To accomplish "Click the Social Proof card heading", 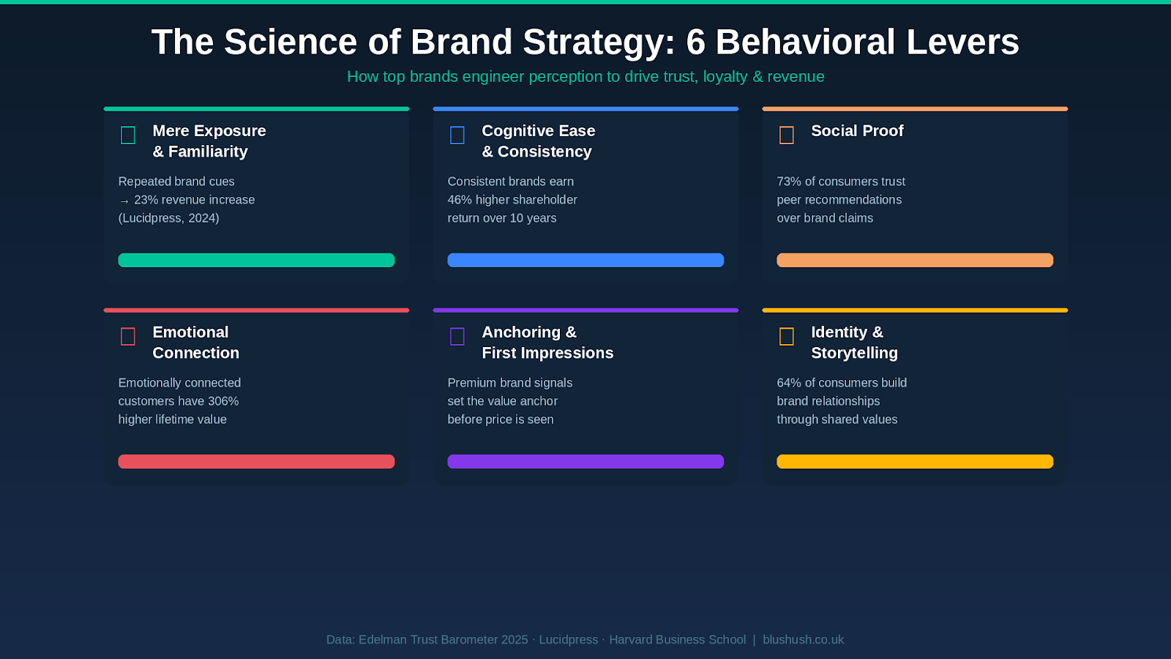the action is pos(857,131).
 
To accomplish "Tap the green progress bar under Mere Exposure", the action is pos(256,260).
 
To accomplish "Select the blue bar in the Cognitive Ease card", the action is pos(585,260).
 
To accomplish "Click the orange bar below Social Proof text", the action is pos(915,260).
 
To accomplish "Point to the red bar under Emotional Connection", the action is pos(256,461).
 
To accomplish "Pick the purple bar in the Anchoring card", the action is pos(585,461).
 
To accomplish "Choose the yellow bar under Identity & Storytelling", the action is pos(915,461).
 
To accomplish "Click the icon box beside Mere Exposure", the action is pos(128,135).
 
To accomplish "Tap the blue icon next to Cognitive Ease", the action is pos(457,135).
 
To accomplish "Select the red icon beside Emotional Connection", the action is pos(128,337).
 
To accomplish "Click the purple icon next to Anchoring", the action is pos(457,337).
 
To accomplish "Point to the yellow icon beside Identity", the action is pos(787,337).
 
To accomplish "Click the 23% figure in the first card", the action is pos(146,200).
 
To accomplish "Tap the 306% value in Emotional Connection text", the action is pos(223,401).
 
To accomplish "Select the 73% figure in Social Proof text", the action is pos(789,182).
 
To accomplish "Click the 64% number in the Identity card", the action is pos(789,383).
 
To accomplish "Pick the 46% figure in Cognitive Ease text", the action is pos(460,200).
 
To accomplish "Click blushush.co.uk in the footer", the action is pos(803,640).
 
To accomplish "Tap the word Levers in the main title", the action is pos(962,42).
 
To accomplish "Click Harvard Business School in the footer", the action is pos(677,640).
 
